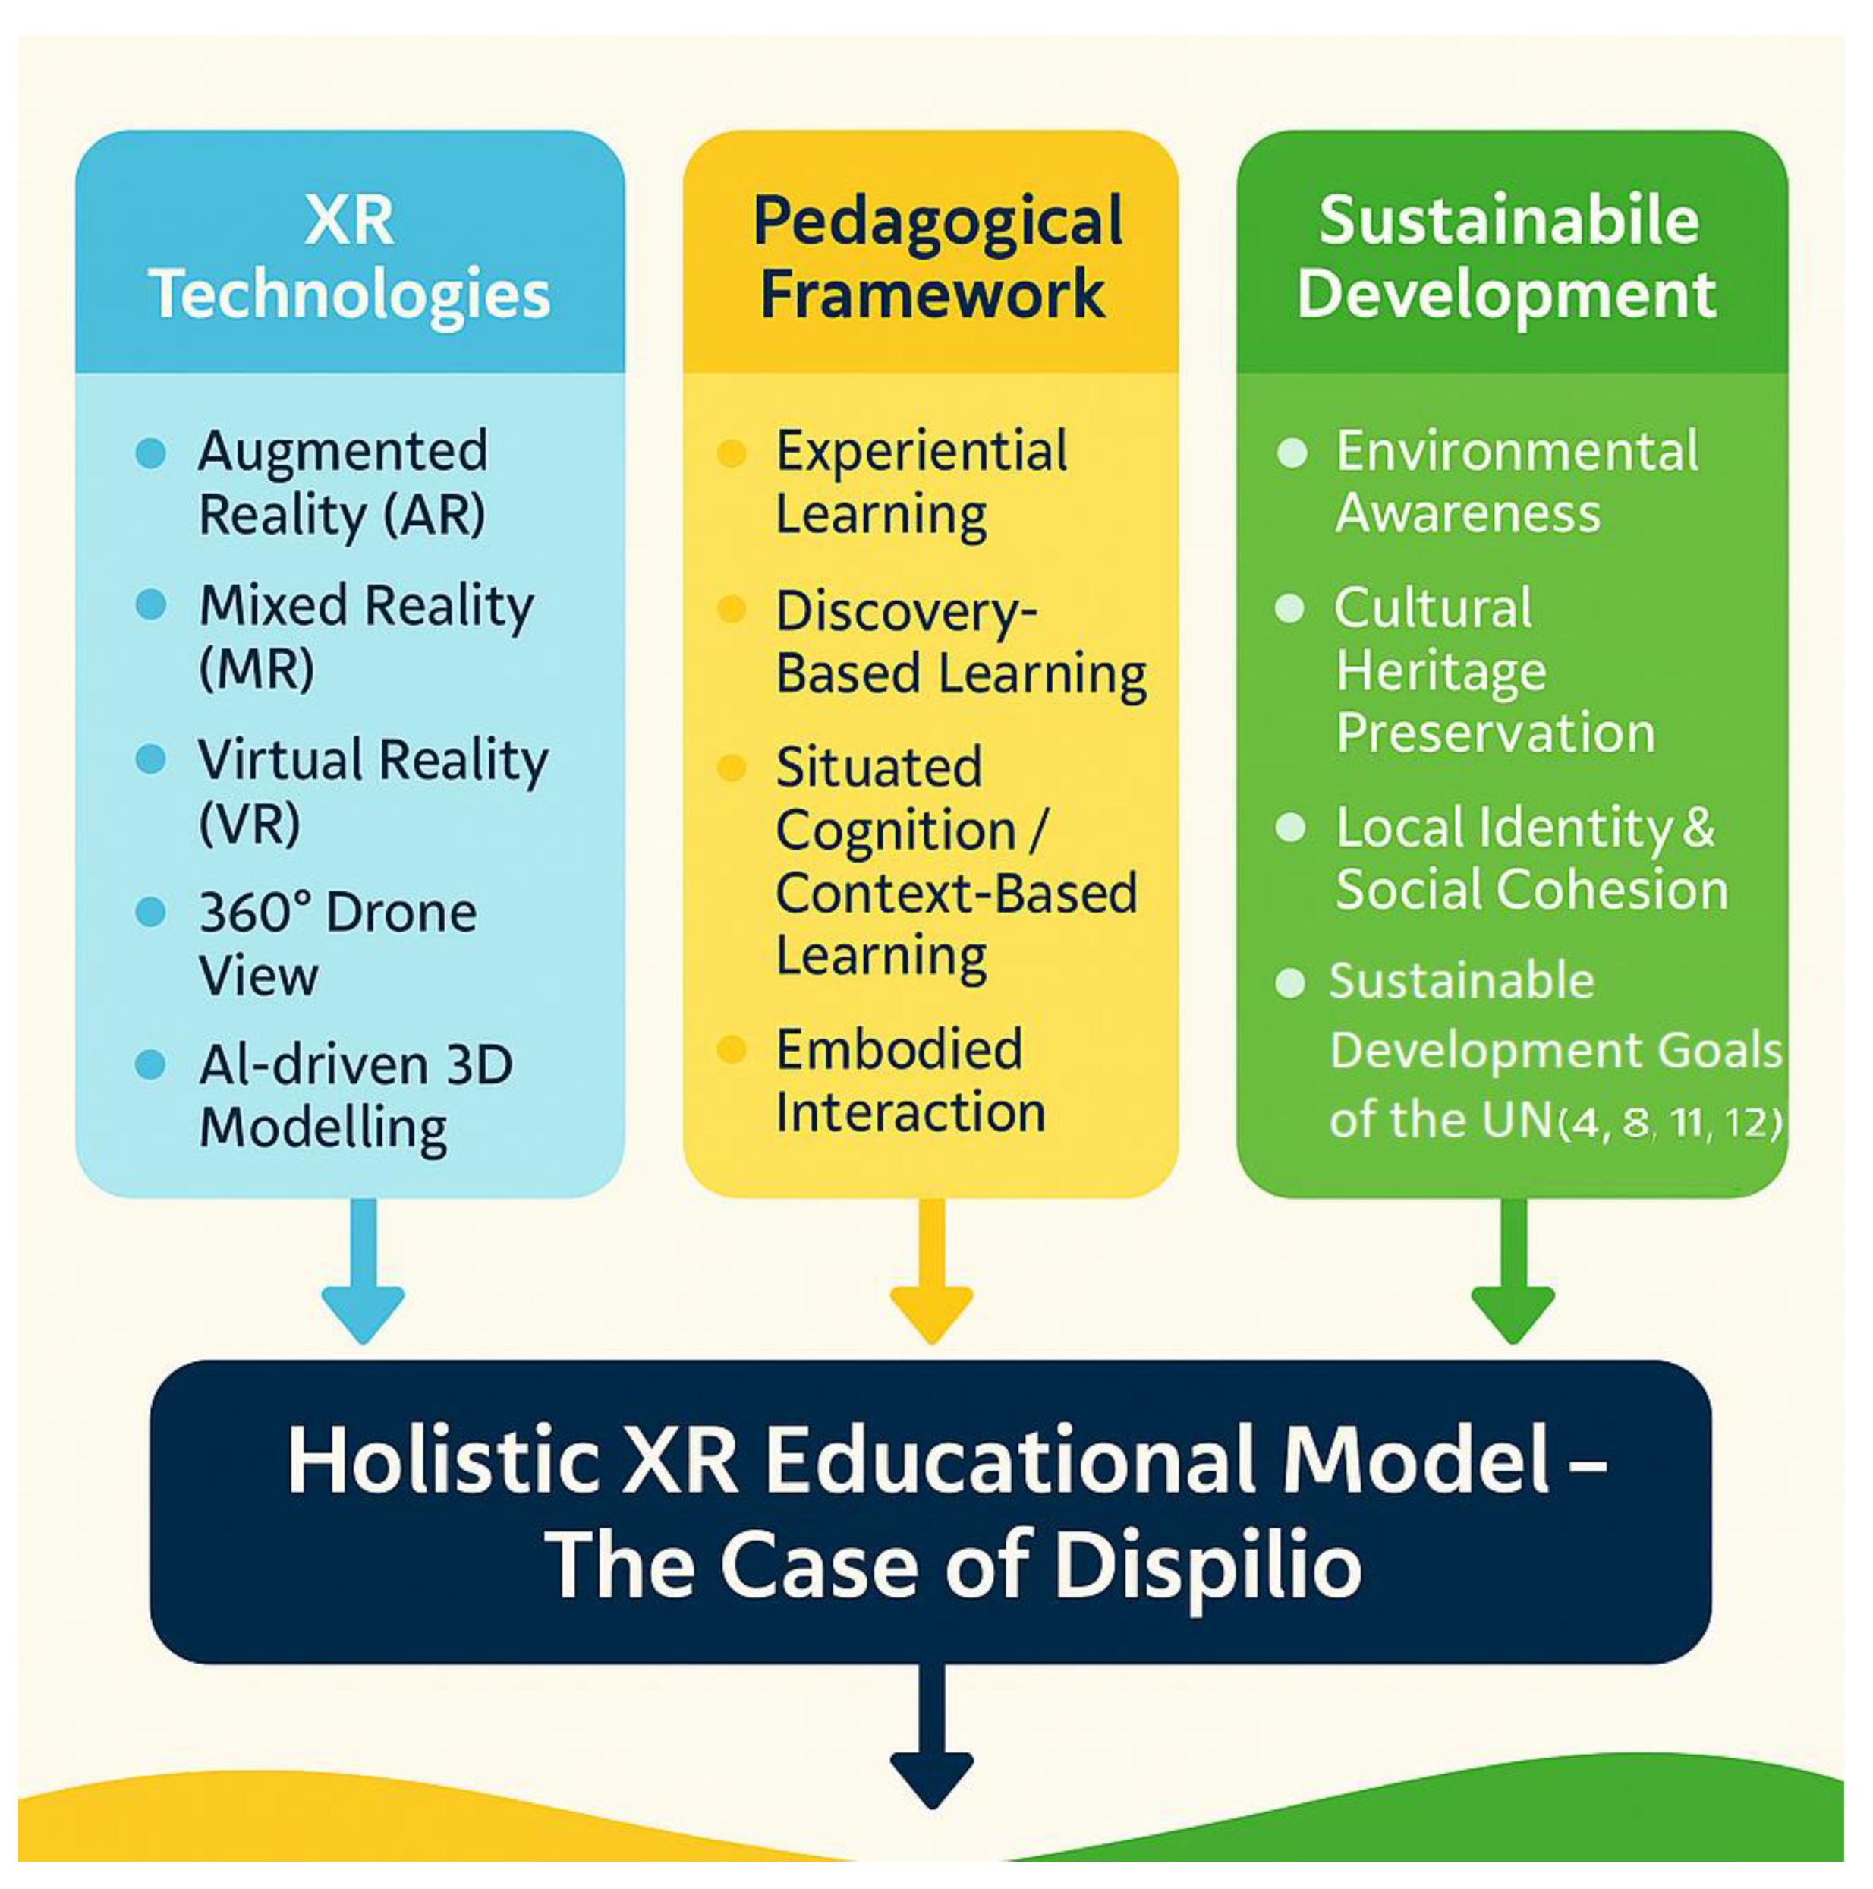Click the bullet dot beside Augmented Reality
coord(150,453)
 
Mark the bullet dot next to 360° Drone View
coord(150,913)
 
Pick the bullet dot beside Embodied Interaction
coord(731,1050)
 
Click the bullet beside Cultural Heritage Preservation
coord(1290,608)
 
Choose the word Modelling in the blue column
coord(323,1127)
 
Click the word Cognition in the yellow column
coord(896,831)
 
